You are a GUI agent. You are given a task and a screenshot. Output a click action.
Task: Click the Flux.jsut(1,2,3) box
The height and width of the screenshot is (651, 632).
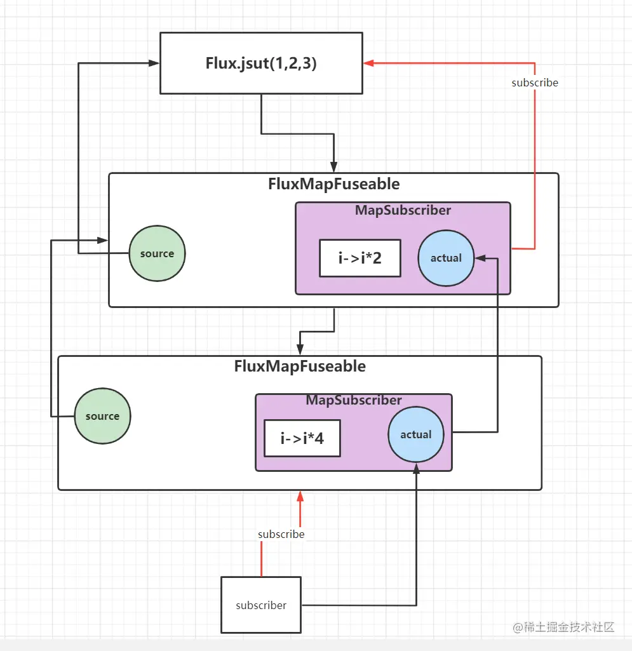[x=261, y=64]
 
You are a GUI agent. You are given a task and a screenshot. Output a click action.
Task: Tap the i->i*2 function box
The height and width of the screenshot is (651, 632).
[x=360, y=258]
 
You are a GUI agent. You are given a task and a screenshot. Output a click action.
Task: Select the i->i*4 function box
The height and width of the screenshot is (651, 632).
[x=302, y=438]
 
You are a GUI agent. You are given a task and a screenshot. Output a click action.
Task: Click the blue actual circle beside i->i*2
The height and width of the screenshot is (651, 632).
[x=446, y=258]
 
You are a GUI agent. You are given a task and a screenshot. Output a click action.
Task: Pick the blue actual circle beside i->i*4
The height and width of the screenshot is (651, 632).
[x=416, y=434]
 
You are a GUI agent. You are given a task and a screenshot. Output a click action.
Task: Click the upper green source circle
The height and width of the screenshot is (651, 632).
[x=157, y=253]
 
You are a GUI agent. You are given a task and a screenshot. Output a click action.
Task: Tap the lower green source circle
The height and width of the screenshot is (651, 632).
[x=102, y=416]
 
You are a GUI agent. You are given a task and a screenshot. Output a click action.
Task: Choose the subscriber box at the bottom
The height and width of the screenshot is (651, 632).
[x=261, y=605]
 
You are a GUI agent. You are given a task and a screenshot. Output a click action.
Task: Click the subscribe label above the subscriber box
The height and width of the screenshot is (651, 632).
[x=281, y=534]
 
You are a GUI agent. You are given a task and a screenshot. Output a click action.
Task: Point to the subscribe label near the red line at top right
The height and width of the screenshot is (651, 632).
[x=535, y=83]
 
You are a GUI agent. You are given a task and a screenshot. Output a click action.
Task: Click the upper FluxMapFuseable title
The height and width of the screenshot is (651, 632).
[x=333, y=184]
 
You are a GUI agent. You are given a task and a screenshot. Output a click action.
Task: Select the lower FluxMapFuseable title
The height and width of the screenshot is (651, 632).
[x=300, y=366]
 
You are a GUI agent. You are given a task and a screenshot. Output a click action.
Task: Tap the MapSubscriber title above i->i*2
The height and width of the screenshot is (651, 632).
[x=403, y=210]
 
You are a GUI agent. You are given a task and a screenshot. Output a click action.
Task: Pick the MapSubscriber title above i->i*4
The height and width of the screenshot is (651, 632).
[x=354, y=400]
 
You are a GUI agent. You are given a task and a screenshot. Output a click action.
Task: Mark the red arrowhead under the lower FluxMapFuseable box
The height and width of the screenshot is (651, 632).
[x=300, y=496]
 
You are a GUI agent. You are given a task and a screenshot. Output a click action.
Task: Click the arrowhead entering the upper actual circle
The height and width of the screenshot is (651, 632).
[x=480, y=258]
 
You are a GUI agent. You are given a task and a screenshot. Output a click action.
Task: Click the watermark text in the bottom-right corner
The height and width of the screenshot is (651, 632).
[x=564, y=627]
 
